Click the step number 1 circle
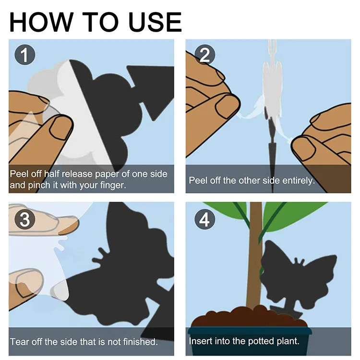click(24, 55)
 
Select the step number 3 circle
click(25, 219)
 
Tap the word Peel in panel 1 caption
click(20, 173)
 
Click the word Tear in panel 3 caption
click(19, 342)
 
